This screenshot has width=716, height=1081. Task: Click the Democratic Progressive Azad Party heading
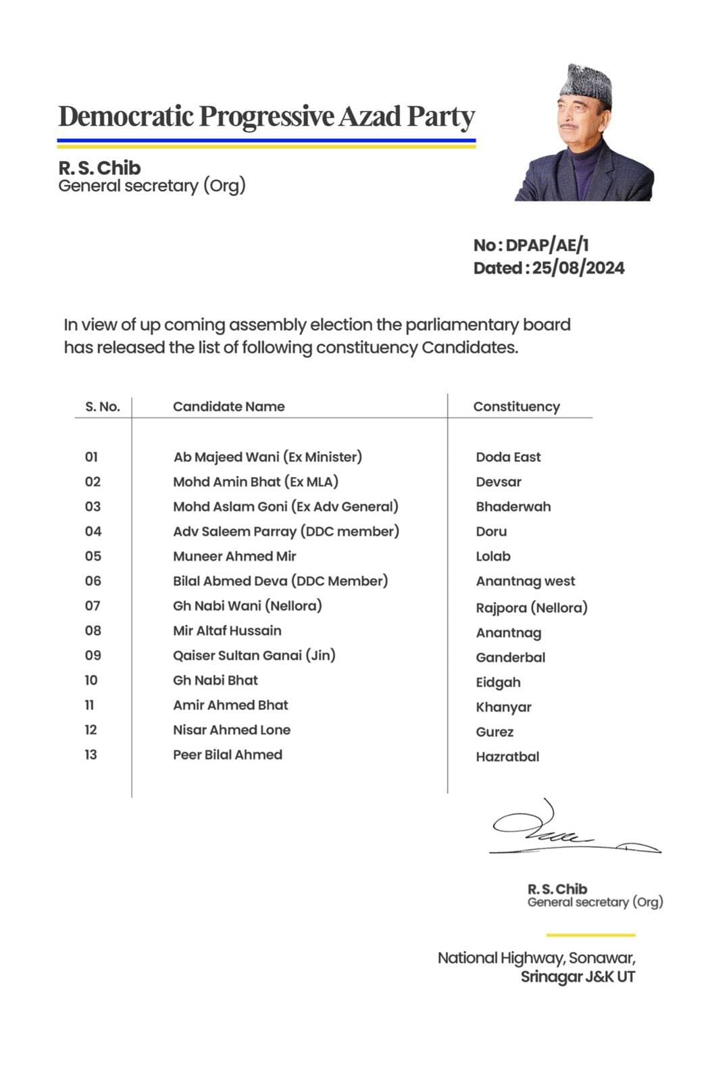[267, 116]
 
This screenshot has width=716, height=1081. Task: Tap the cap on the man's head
[586, 84]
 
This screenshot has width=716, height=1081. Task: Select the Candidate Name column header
[228, 407]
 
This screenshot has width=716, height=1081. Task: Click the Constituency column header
[516, 407]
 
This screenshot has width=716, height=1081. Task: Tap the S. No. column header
[103, 407]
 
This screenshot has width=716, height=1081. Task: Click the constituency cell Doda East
[508, 457]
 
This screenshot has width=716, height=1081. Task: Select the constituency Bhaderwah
[513, 507]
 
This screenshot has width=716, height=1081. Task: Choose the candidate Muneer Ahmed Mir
[234, 557]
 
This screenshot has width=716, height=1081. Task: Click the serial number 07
[93, 606]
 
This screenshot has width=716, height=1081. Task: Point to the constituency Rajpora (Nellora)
[532, 608]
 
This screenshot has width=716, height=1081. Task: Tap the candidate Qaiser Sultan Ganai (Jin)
[254, 655]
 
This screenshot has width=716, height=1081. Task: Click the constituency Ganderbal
[511, 657]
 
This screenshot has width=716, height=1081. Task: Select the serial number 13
[91, 755]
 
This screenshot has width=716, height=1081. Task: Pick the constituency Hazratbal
[507, 757]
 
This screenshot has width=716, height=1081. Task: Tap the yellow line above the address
[590, 935]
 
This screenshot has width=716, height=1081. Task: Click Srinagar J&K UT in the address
[578, 977]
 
